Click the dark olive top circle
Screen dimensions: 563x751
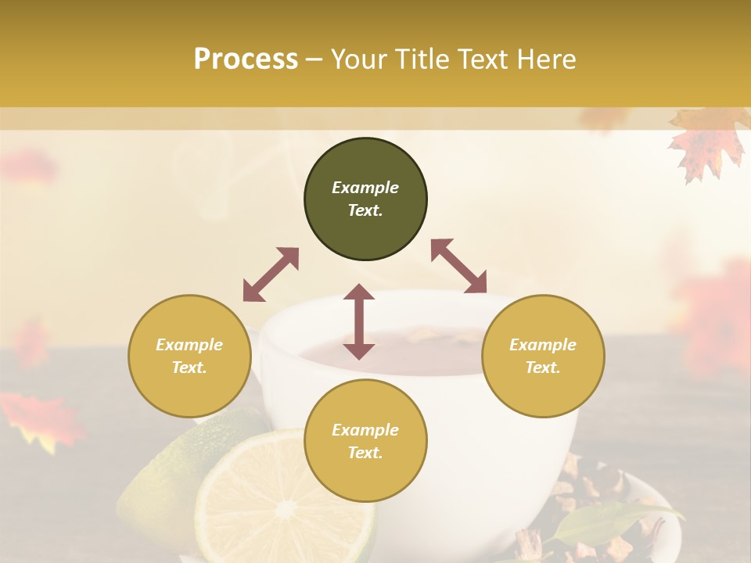[x=365, y=199]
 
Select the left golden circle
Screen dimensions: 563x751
[x=189, y=356]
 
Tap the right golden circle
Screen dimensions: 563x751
[x=543, y=356]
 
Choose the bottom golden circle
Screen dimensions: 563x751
[x=365, y=441]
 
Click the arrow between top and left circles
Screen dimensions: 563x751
[x=271, y=274]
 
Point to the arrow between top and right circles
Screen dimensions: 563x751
[x=459, y=266]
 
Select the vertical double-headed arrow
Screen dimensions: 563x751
[x=359, y=321]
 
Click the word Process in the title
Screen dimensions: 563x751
[x=246, y=59]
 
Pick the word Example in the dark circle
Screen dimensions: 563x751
[x=365, y=188]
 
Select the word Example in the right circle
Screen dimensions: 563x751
[x=543, y=345]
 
